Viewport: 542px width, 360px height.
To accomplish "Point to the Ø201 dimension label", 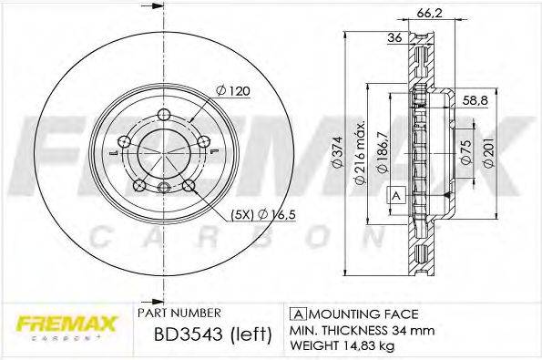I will pyautogui.click(x=491, y=155).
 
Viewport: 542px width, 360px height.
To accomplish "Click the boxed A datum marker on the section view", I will pyautogui.click(x=395, y=194).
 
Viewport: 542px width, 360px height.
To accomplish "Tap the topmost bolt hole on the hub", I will pyautogui.click(x=164, y=115).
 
